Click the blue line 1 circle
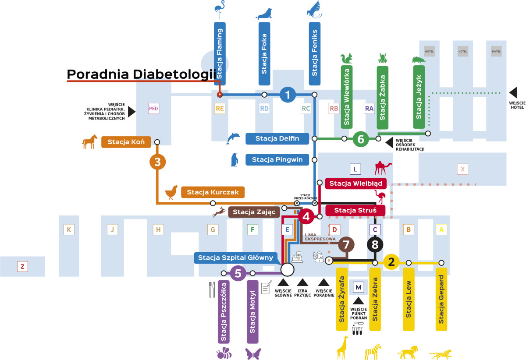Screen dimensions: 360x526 pyautogui.click(x=288, y=95)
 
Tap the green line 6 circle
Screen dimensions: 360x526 pyautogui.click(x=361, y=139)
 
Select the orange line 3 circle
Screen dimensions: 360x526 pyautogui.click(x=157, y=162)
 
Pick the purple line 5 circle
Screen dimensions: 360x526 pyautogui.click(x=238, y=273)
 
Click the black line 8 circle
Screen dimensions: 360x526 pyautogui.click(x=375, y=244)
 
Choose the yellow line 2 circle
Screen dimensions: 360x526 pyautogui.click(x=391, y=262)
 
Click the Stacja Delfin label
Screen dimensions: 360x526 pyautogui.click(x=277, y=139)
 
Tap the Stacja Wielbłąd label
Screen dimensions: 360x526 pyautogui.click(x=355, y=183)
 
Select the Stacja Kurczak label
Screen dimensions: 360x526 pyautogui.click(x=212, y=192)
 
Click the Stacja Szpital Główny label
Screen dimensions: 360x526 pyautogui.click(x=235, y=258)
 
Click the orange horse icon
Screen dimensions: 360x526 pyautogui.click(x=89, y=141)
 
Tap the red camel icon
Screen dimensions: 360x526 pyautogui.click(x=383, y=168)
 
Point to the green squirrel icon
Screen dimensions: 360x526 pyautogui.click(x=346, y=59)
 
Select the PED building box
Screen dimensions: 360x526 pyautogui.click(x=153, y=109)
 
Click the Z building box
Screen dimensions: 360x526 pyautogui.click(x=22, y=266)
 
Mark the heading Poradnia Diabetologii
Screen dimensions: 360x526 pyautogui.click(x=142, y=74)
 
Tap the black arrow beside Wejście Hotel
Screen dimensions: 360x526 pyautogui.click(x=513, y=92)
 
